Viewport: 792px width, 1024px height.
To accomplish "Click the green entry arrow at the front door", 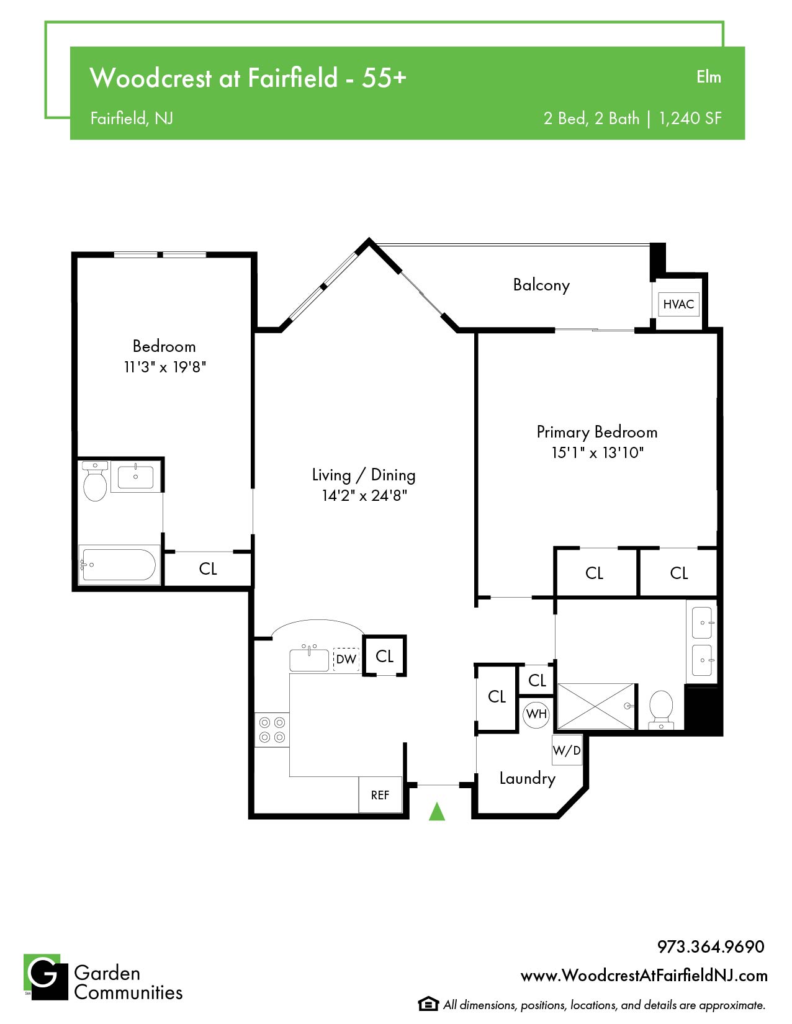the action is point(437,812).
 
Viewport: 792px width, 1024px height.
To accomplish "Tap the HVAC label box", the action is point(678,304).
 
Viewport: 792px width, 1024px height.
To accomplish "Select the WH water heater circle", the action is point(536,714).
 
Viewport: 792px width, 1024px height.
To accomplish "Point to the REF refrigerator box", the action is point(380,795).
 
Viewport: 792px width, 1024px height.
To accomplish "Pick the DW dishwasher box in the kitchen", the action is point(346,660).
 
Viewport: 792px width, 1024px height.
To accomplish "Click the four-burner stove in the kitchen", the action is point(272,730).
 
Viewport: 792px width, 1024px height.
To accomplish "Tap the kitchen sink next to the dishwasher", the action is point(308,659).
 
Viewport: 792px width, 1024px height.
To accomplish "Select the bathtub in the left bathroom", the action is point(119,565).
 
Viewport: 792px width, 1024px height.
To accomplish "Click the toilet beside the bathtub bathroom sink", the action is point(95,481).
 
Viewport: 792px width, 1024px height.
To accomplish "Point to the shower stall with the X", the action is point(596,706).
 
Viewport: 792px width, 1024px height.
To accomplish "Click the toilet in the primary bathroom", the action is point(661,710).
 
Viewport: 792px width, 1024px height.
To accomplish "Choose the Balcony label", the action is point(541,285).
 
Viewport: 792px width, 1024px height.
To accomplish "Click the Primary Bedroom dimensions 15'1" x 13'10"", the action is point(598,452).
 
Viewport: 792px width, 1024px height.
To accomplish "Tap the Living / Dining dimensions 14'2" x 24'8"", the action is point(364,495).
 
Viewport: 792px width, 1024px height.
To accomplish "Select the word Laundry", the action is point(527,778).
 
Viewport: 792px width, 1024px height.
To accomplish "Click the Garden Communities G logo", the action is point(46,977).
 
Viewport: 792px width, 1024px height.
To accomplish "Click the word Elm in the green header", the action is point(709,77).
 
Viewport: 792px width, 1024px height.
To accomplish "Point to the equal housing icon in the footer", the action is point(428,1004).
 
